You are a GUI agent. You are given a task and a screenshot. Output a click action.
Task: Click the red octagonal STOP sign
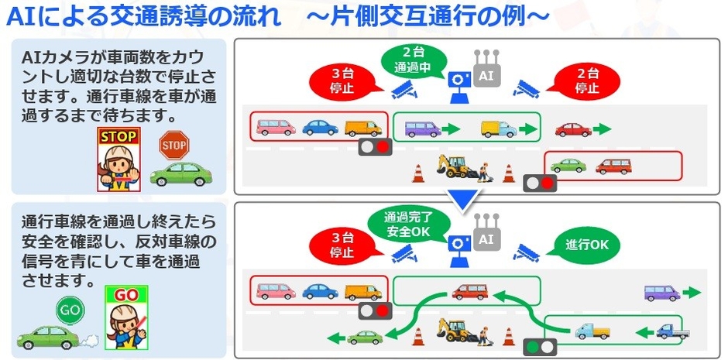(174, 145)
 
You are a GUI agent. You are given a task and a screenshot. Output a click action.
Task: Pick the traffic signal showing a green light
(540, 346)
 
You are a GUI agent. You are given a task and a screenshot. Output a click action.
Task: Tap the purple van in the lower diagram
(661, 293)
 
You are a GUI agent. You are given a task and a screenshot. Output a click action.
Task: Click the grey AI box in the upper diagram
(486, 77)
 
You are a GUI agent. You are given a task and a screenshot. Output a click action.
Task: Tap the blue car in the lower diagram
(318, 291)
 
